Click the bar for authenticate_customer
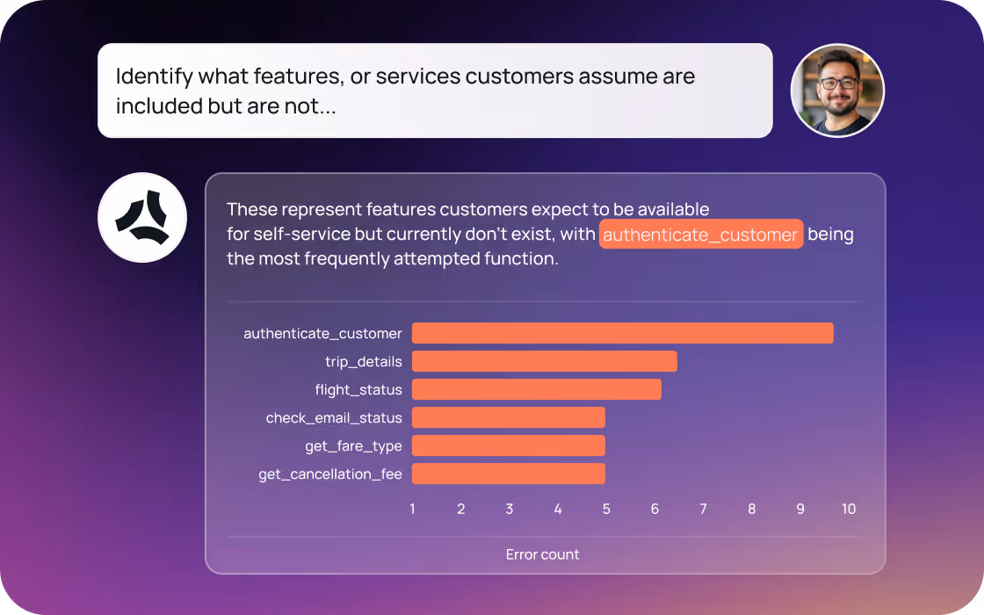[x=622, y=333]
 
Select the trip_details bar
[x=544, y=361]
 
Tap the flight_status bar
[x=536, y=389]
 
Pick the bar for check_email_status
[x=508, y=417]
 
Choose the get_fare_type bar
[x=508, y=445]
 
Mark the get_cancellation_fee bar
[x=508, y=474]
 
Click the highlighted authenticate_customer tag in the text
[x=700, y=235]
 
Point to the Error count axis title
[x=542, y=554]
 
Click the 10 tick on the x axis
[x=848, y=509]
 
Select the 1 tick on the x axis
[x=412, y=509]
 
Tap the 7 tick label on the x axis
[x=703, y=509]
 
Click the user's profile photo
[x=837, y=90]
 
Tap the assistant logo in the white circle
[x=142, y=217]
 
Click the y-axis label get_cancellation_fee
[x=329, y=474]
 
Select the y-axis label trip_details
[x=363, y=362]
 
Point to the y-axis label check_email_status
[x=334, y=418]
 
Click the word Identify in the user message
[x=154, y=76]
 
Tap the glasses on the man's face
[x=838, y=83]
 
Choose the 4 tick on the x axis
[x=558, y=509]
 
